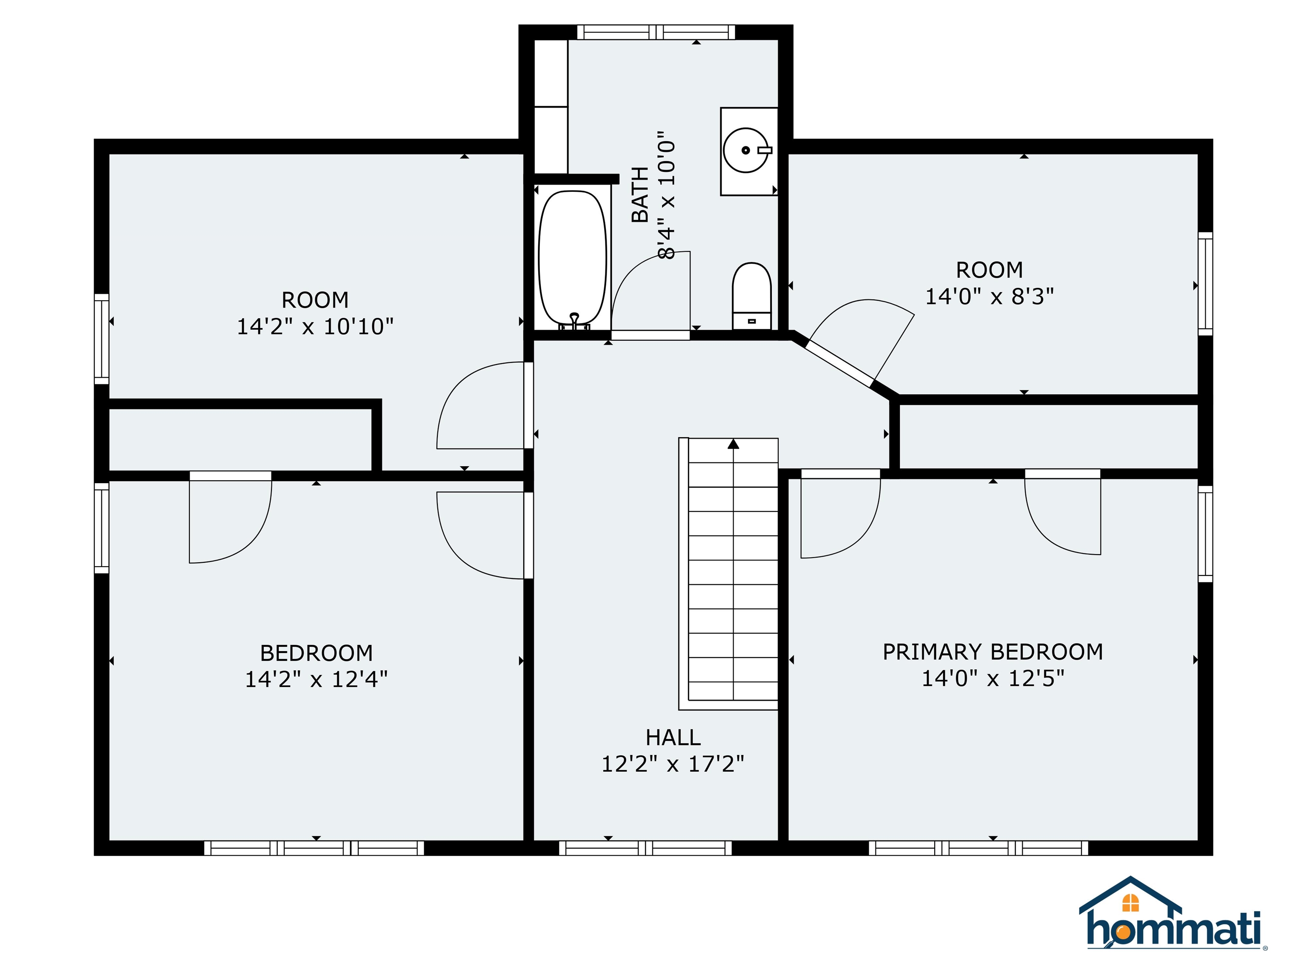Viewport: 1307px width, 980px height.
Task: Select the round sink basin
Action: pos(745,150)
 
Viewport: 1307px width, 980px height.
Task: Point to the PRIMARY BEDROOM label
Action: pos(992,652)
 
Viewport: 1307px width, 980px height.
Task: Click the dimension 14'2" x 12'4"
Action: pos(316,680)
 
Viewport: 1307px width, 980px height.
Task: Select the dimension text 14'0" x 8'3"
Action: pos(989,296)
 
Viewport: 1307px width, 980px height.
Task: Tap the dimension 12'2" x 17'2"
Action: pos(672,764)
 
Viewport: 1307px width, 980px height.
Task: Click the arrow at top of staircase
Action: pos(733,444)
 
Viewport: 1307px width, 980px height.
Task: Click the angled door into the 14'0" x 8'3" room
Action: pos(839,362)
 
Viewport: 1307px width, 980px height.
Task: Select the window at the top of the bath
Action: pos(656,32)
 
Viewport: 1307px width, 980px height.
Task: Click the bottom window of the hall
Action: pos(645,848)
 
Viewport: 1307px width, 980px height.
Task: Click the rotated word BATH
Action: pos(640,194)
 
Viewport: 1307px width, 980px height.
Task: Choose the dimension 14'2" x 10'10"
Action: pos(315,327)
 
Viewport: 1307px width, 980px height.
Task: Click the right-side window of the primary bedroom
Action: pos(1205,533)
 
